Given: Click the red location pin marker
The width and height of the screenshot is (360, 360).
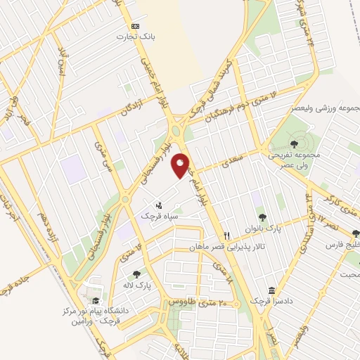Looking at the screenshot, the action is click(181, 166).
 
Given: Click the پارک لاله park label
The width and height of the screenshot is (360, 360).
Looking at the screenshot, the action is click(136, 285).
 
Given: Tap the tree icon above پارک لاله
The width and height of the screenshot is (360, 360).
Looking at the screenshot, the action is click(136, 274).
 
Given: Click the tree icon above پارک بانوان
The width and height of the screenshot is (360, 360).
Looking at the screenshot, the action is click(262, 217).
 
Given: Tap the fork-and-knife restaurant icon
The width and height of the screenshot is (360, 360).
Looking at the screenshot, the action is click(226, 236).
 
